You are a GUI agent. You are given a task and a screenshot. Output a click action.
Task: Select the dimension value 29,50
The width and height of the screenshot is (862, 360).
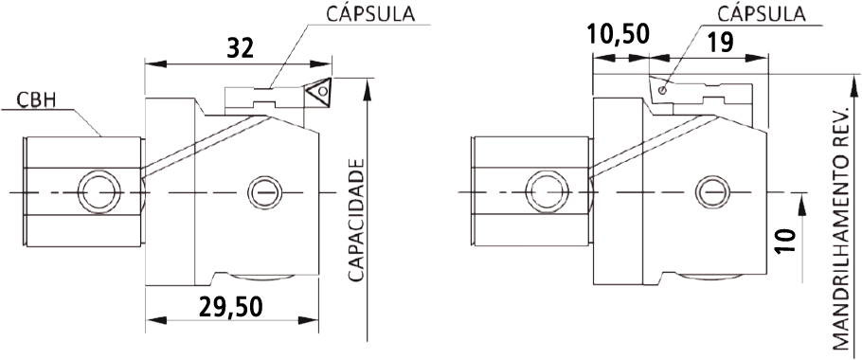(231, 307)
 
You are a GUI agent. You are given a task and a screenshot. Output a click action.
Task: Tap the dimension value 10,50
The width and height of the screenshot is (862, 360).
(618, 35)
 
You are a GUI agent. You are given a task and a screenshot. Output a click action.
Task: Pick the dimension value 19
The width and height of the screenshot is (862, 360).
(720, 43)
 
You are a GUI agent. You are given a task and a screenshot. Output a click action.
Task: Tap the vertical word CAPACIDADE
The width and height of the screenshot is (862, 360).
(357, 221)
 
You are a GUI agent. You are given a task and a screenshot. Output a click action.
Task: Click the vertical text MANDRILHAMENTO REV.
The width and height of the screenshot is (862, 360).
(840, 228)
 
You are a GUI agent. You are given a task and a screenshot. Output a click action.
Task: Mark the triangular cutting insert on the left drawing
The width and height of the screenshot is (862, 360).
(318, 91)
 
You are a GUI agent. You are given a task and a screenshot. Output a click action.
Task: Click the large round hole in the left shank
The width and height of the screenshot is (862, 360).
(99, 192)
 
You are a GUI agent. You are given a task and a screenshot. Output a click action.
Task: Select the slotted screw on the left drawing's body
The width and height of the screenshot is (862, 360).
(265, 193)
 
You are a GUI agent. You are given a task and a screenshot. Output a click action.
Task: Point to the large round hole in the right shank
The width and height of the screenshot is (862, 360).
(547, 192)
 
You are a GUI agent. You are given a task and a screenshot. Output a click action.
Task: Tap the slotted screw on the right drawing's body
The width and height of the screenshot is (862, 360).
(712, 193)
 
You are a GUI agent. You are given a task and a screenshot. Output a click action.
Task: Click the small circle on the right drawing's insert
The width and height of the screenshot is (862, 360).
(663, 90)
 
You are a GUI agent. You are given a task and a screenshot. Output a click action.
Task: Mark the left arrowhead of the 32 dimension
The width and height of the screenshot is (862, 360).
(155, 63)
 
